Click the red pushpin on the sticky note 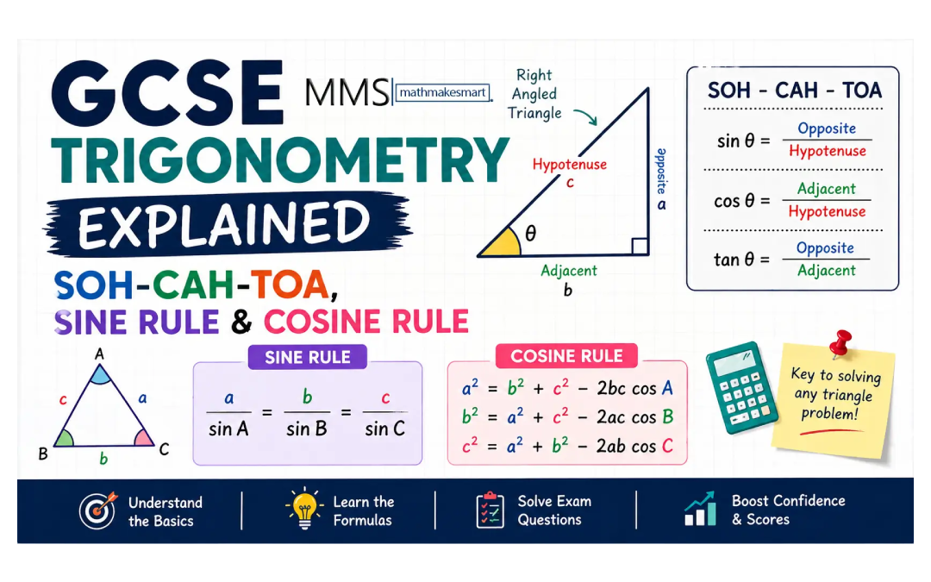(x=840, y=343)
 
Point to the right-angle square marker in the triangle (x=640, y=247)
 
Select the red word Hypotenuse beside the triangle (x=569, y=164)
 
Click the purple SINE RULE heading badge (x=308, y=357)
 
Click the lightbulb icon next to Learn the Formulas (x=304, y=510)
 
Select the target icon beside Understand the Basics (x=97, y=511)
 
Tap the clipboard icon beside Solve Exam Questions (x=490, y=510)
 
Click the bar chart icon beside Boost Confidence (x=700, y=510)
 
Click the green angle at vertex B (x=64, y=438)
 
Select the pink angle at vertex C (x=144, y=437)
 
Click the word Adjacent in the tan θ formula (x=826, y=270)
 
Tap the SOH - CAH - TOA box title (x=794, y=91)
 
